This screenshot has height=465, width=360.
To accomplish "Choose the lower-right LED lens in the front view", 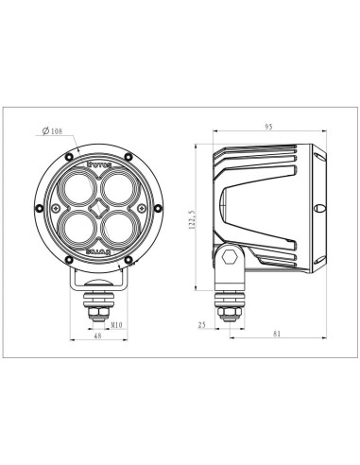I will click(x=114, y=228).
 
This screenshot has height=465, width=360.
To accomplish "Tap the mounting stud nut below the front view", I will click(x=99, y=301).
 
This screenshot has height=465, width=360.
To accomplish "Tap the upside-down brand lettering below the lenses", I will click(x=99, y=251).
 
